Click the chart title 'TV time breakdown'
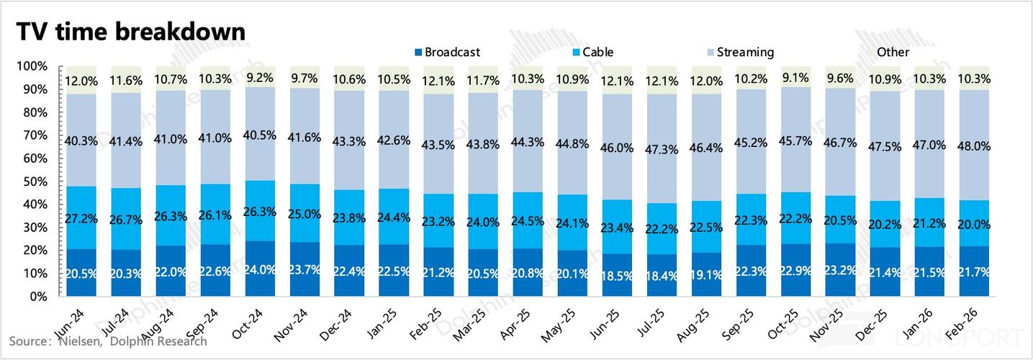(x=132, y=32)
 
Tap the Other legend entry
(x=893, y=52)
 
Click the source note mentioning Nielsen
(x=107, y=341)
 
